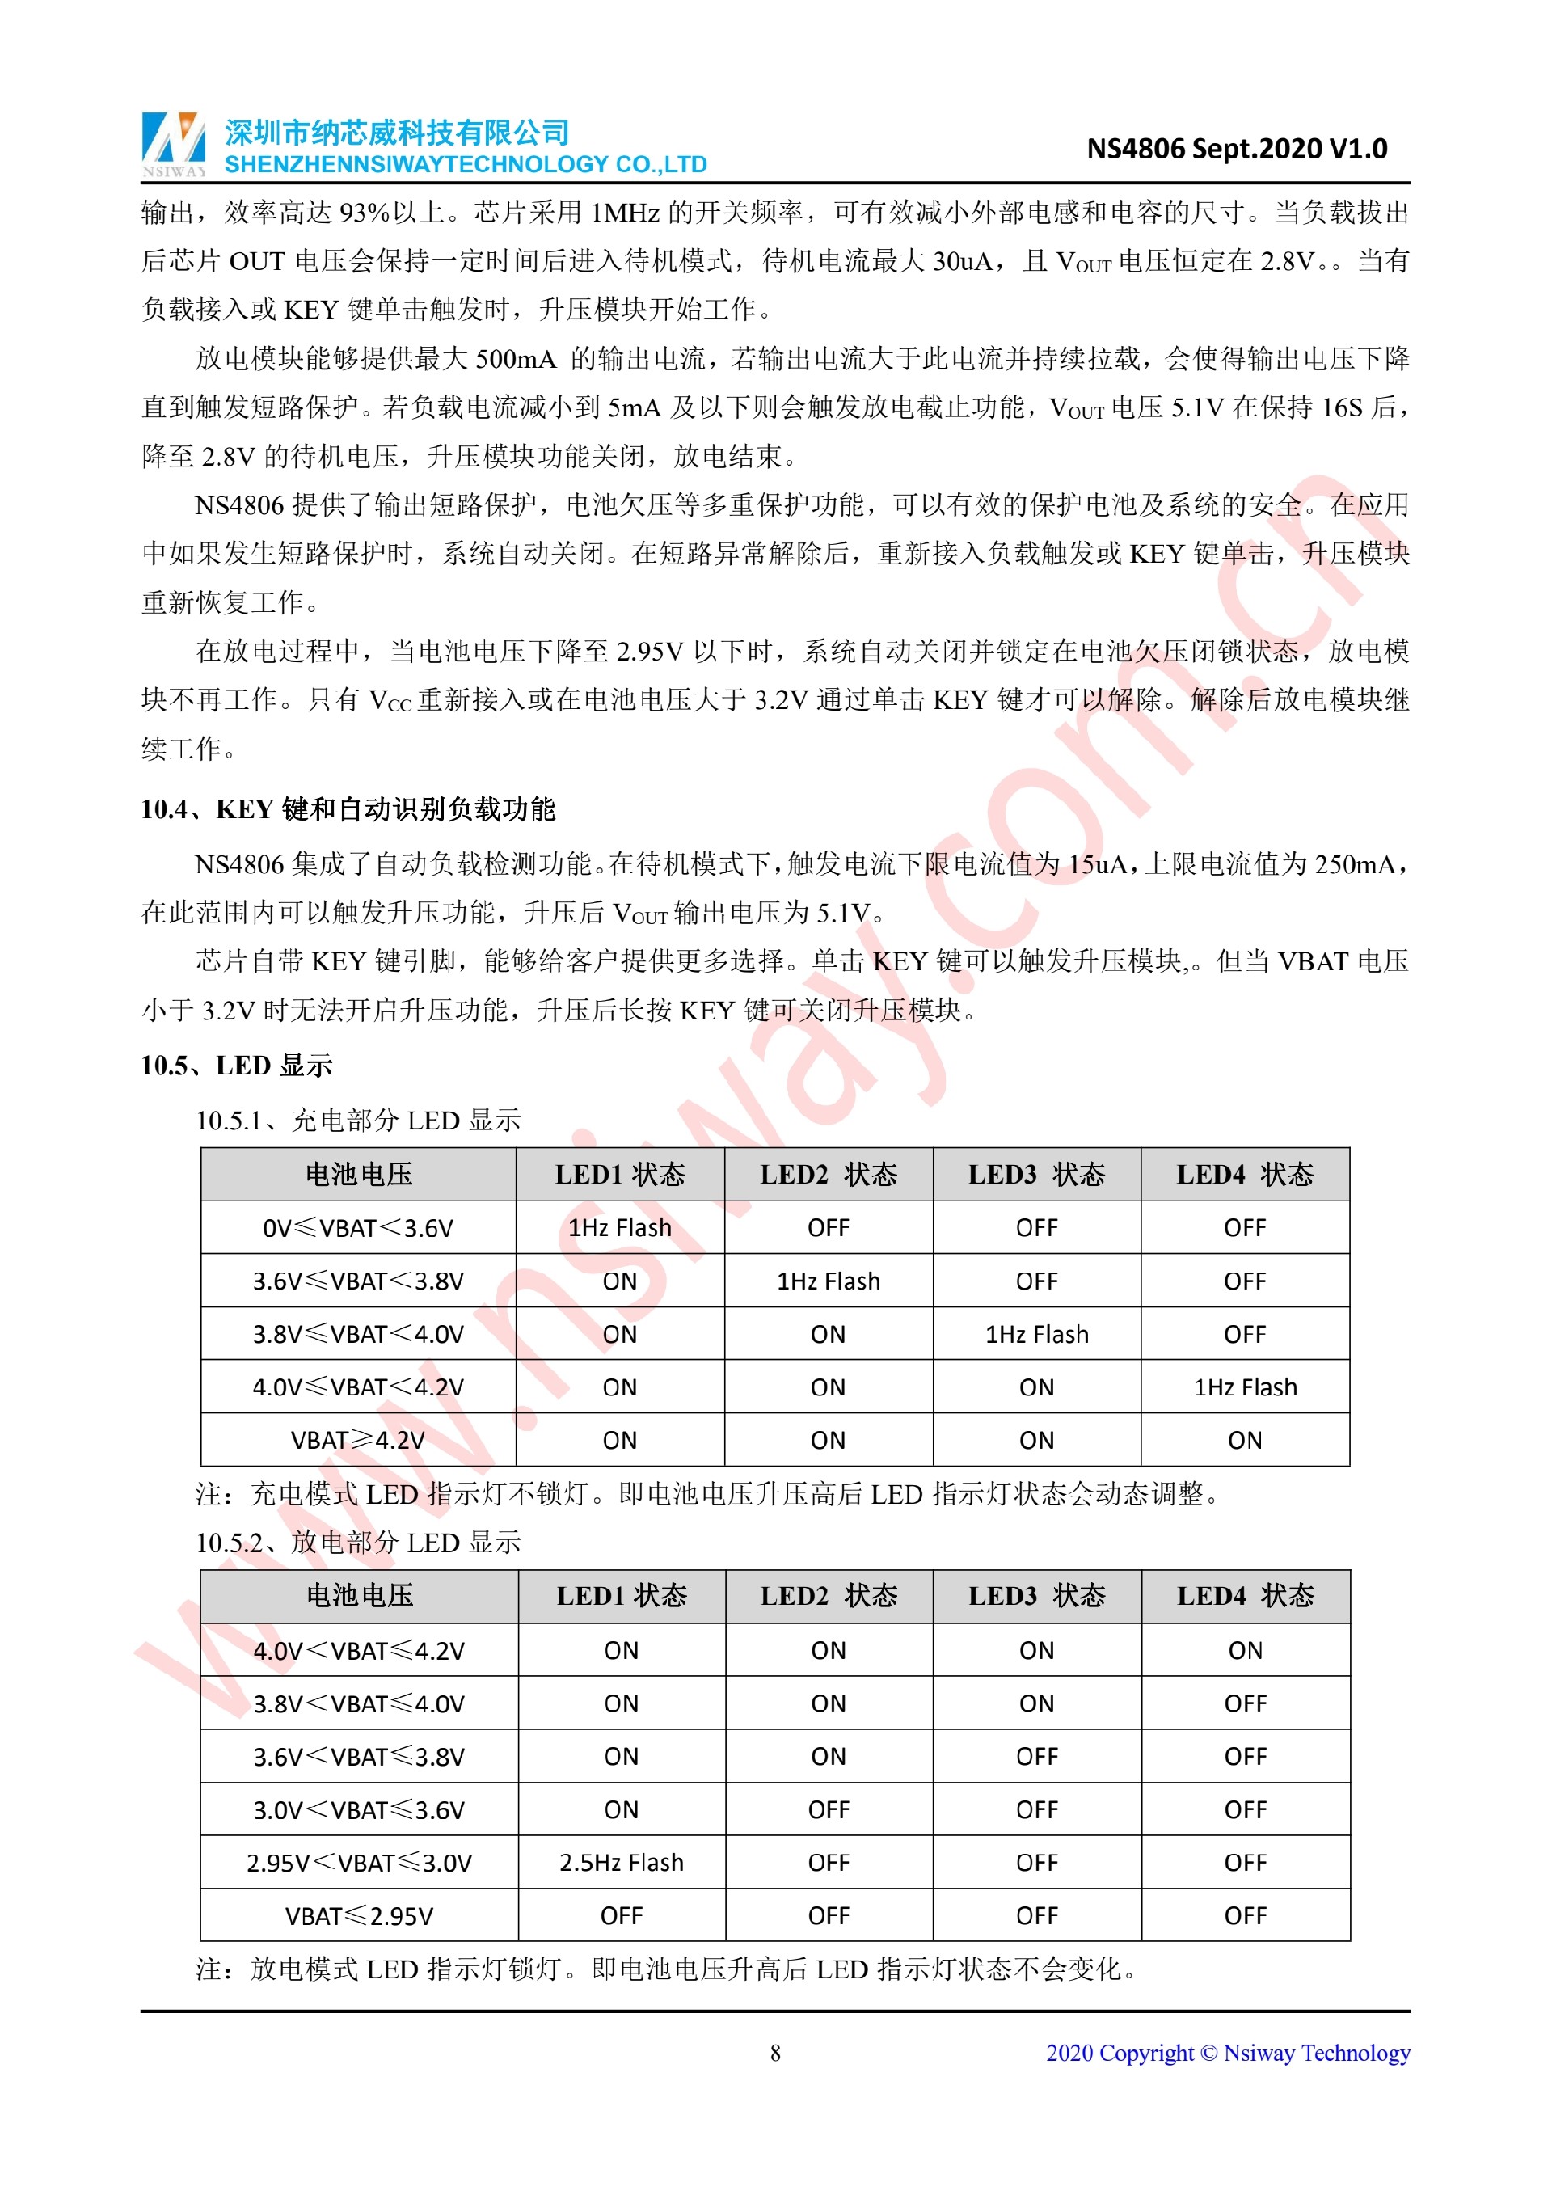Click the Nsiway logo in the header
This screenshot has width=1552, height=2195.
coord(174,143)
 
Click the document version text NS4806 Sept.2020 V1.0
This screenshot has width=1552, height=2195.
coord(1237,149)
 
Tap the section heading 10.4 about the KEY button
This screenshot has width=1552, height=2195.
coord(348,810)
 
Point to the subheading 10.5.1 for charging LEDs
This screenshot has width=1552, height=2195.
coord(358,1120)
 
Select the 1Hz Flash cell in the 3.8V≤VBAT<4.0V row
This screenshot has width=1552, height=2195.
coord(1037,1334)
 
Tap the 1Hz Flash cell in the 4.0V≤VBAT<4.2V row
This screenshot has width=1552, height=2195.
coord(1245,1387)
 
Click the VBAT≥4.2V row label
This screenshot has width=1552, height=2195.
coord(358,1440)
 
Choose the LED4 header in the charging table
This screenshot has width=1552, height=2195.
coord(1245,1174)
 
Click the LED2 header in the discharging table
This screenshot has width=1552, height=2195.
coord(829,1596)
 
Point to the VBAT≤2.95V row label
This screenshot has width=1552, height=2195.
coord(360,1916)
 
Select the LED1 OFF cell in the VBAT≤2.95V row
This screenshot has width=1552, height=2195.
coord(621,1916)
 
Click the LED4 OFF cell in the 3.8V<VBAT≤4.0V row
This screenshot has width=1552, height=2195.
coord(1245,1703)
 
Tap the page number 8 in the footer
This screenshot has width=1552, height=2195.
coord(775,2053)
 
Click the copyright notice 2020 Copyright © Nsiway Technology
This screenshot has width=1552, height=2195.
coord(1228,2053)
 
